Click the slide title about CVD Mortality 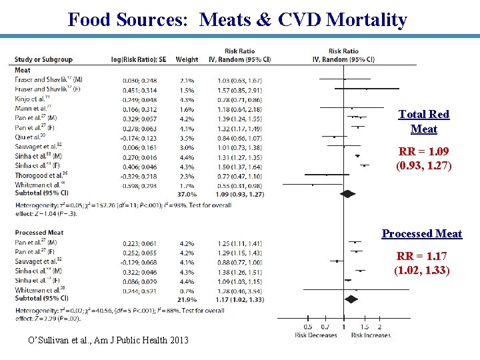click(237, 19)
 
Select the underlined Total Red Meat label click(423, 121)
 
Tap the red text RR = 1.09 click(423, 158)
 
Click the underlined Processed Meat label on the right click(421, 233)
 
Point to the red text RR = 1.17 click(422, 263)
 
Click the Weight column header click(187, 59)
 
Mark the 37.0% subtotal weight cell click(187, 194)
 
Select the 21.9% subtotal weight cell click(187, 299)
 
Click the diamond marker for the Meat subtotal click(347, 193)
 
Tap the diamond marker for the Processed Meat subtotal click(351, 299)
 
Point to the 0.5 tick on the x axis click(307, 327)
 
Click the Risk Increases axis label click(371, 335)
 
